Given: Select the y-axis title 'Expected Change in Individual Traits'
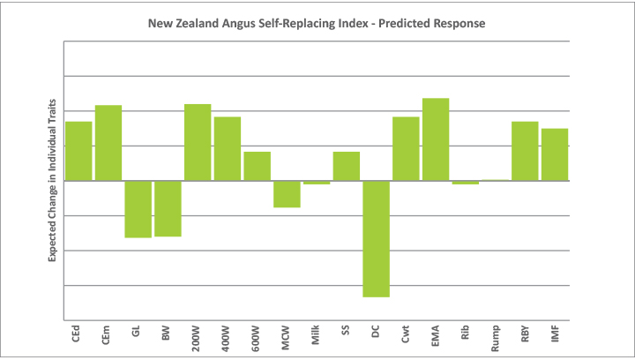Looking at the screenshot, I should [52, 179].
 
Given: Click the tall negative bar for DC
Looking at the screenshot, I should [376, 238].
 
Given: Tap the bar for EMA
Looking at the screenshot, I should [436, 139].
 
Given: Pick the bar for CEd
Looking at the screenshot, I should [78, 151].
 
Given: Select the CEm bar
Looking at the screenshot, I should [108, 143].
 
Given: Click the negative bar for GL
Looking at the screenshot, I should [138, 209].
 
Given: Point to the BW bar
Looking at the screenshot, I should [168, 208].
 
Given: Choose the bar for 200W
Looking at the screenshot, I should [198, 142].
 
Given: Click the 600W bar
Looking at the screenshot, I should [257, 166].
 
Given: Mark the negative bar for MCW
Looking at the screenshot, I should [287, 194].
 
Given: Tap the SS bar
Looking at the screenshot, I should [347, 166].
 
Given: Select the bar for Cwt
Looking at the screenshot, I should [406, 148].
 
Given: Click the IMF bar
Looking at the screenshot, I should [555, 154].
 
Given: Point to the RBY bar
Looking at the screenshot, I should [525, 151].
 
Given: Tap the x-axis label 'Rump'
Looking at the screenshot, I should [496, 338].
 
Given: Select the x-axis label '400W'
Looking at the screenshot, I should [228, 338].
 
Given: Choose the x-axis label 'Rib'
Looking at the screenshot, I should [466, 334].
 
